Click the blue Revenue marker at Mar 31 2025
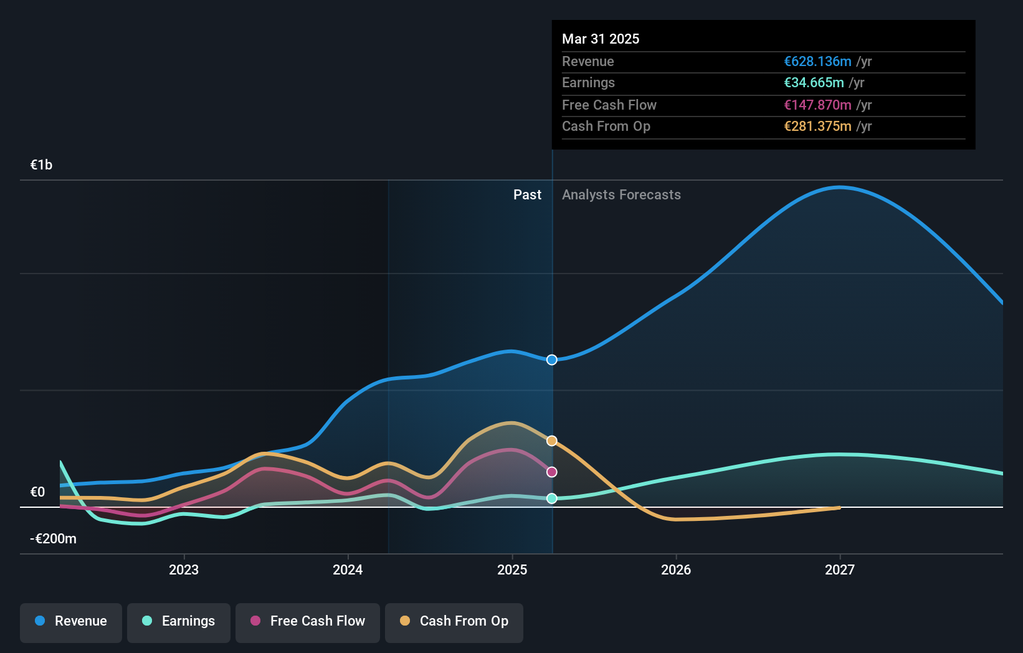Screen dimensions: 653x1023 551,360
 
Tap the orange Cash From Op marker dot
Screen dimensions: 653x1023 551,441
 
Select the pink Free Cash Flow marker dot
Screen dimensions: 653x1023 551,472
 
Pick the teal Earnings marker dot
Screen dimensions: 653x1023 551,498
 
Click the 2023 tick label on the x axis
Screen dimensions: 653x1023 184,570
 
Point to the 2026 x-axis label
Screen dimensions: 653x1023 676,570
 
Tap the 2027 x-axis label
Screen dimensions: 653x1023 840,570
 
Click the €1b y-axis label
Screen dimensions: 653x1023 41,164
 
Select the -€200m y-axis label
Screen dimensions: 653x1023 53,538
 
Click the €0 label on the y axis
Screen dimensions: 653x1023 37,492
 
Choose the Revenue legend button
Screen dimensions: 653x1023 71,621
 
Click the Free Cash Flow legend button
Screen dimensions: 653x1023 308,621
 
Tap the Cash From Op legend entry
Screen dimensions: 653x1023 454,621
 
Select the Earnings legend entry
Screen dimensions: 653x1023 179,621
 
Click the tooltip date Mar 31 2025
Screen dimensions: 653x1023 601,39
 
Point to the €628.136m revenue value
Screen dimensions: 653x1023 817,61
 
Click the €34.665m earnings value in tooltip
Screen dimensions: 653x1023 814,82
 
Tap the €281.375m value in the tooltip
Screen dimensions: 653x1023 817,126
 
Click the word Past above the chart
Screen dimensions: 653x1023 527,194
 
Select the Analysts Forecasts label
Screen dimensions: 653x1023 621,194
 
